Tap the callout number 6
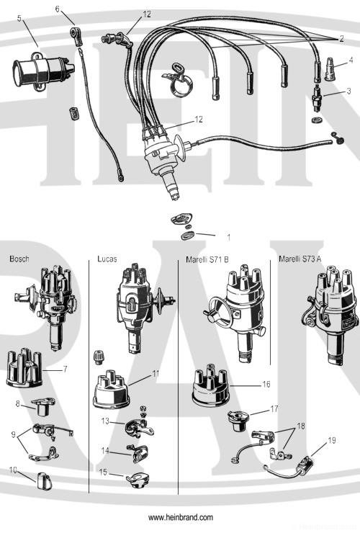click(58, 9)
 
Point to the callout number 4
click(351, 60)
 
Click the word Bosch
click(19, 259)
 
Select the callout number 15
click(103, 473)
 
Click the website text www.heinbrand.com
click(181, 518)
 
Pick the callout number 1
click(228, 236)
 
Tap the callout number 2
click(351, 37)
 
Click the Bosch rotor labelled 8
click(34, 409)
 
